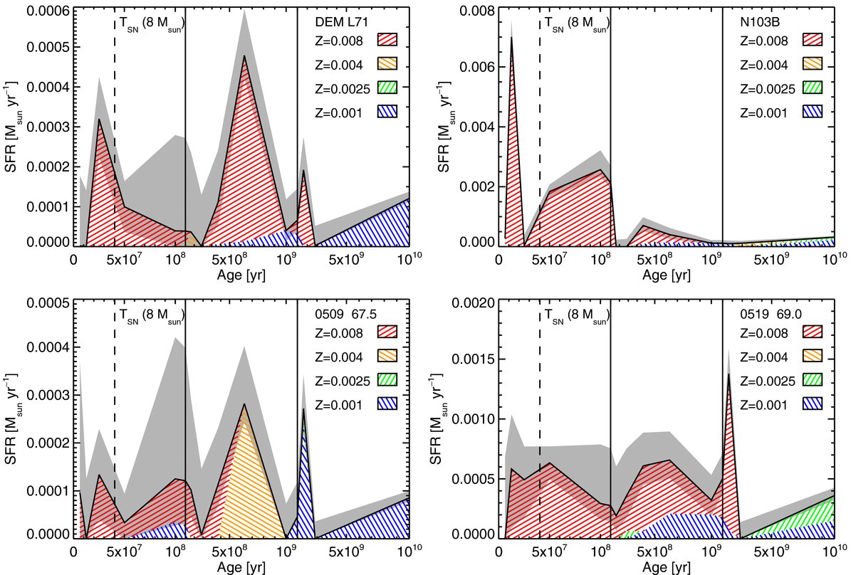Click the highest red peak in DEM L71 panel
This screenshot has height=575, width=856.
point(244,56)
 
